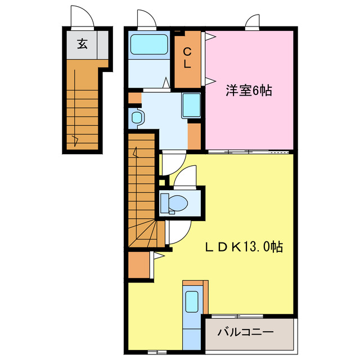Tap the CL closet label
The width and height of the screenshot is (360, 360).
pos(187,58)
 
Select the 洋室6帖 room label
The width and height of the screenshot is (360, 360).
pos(249,90)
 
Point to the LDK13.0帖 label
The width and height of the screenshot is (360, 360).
pos(243,246)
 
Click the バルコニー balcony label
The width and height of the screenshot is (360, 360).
pos(245,333)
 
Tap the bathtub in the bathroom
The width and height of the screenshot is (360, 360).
pos(149,44)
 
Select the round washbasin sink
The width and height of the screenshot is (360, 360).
pos(136,118)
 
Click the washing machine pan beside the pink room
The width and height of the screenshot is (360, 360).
pos(191,105)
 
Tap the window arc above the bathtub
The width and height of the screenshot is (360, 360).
pos(147,18)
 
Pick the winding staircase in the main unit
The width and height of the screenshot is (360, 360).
pos(142,191)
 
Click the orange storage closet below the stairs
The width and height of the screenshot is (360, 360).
pos(139,265)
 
